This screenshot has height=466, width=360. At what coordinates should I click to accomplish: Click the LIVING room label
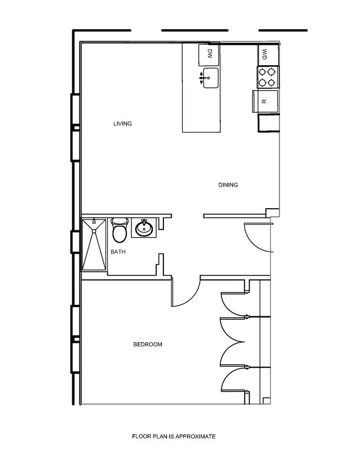point(123,124)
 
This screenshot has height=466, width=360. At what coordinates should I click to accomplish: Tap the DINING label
point(227,185)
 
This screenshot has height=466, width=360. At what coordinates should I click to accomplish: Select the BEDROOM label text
point(148,345)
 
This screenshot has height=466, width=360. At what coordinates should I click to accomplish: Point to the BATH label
point(118,252)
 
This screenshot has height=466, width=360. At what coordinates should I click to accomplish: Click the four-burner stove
point(268,77)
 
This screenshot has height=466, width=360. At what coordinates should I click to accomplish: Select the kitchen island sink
point(210,78)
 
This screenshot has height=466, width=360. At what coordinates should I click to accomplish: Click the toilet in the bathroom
point(119,230)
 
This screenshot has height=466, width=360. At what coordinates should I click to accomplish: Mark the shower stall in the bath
point(94,245)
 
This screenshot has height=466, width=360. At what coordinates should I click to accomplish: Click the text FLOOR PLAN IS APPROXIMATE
point(173,436)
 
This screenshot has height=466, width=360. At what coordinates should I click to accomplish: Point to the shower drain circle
point(94,221)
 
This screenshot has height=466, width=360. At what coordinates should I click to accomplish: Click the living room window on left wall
point(75,128)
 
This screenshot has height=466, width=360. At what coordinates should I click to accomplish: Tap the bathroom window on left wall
point(75,241)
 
